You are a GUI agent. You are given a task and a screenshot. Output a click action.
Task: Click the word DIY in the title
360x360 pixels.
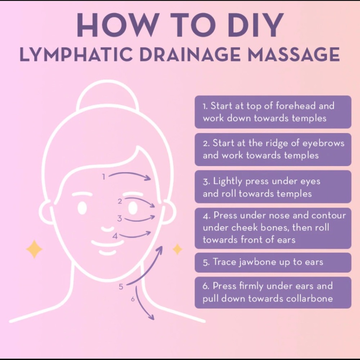point(256,25)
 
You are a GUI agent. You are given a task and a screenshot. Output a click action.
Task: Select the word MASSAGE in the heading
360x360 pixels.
point(294,54)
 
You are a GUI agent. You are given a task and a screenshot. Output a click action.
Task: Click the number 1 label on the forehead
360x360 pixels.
point(104,176)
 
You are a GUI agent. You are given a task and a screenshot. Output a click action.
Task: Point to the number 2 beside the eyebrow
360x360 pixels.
point(120,201)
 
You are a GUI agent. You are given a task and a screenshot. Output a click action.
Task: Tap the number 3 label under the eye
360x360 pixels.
point(120,219)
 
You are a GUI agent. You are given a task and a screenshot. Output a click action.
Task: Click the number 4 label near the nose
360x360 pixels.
point(115,236)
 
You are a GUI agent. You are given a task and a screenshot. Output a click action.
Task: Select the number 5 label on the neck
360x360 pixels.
point(121,287)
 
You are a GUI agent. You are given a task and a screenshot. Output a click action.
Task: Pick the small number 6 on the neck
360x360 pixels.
point(133,299)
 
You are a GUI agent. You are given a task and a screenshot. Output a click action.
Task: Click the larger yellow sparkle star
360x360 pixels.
point(34,249)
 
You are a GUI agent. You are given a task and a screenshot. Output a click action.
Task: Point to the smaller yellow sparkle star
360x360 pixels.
point(177,249)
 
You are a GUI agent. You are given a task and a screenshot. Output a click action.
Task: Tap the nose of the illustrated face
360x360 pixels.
point(107,229)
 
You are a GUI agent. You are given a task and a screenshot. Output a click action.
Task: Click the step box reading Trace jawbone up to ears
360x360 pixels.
point(273,262)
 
